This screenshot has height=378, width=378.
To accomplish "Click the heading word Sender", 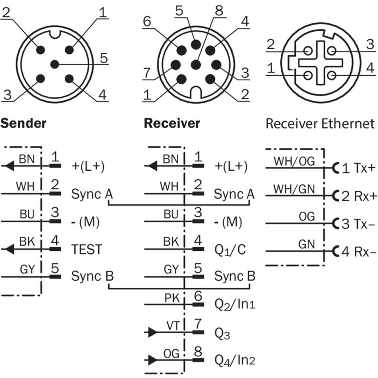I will tap(23, 124).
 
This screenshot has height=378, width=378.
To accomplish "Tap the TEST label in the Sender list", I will tap(86, 249).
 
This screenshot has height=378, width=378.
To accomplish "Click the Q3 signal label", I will tap(222, 334).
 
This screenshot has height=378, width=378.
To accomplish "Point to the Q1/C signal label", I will tap(229, 249).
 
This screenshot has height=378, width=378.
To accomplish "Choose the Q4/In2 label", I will tap(235, 361).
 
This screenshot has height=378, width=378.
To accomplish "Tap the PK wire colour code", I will tap(171, 298).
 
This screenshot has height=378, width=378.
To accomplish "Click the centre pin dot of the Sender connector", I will tap(55, 64).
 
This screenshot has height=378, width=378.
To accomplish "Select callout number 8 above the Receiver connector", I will tap(218, 10).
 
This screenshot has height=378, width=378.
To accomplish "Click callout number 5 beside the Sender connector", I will tap(103, 59).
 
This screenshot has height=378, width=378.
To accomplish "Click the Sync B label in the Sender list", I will tap(92, 276).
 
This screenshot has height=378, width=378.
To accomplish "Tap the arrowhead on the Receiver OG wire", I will tap(152, 360).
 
